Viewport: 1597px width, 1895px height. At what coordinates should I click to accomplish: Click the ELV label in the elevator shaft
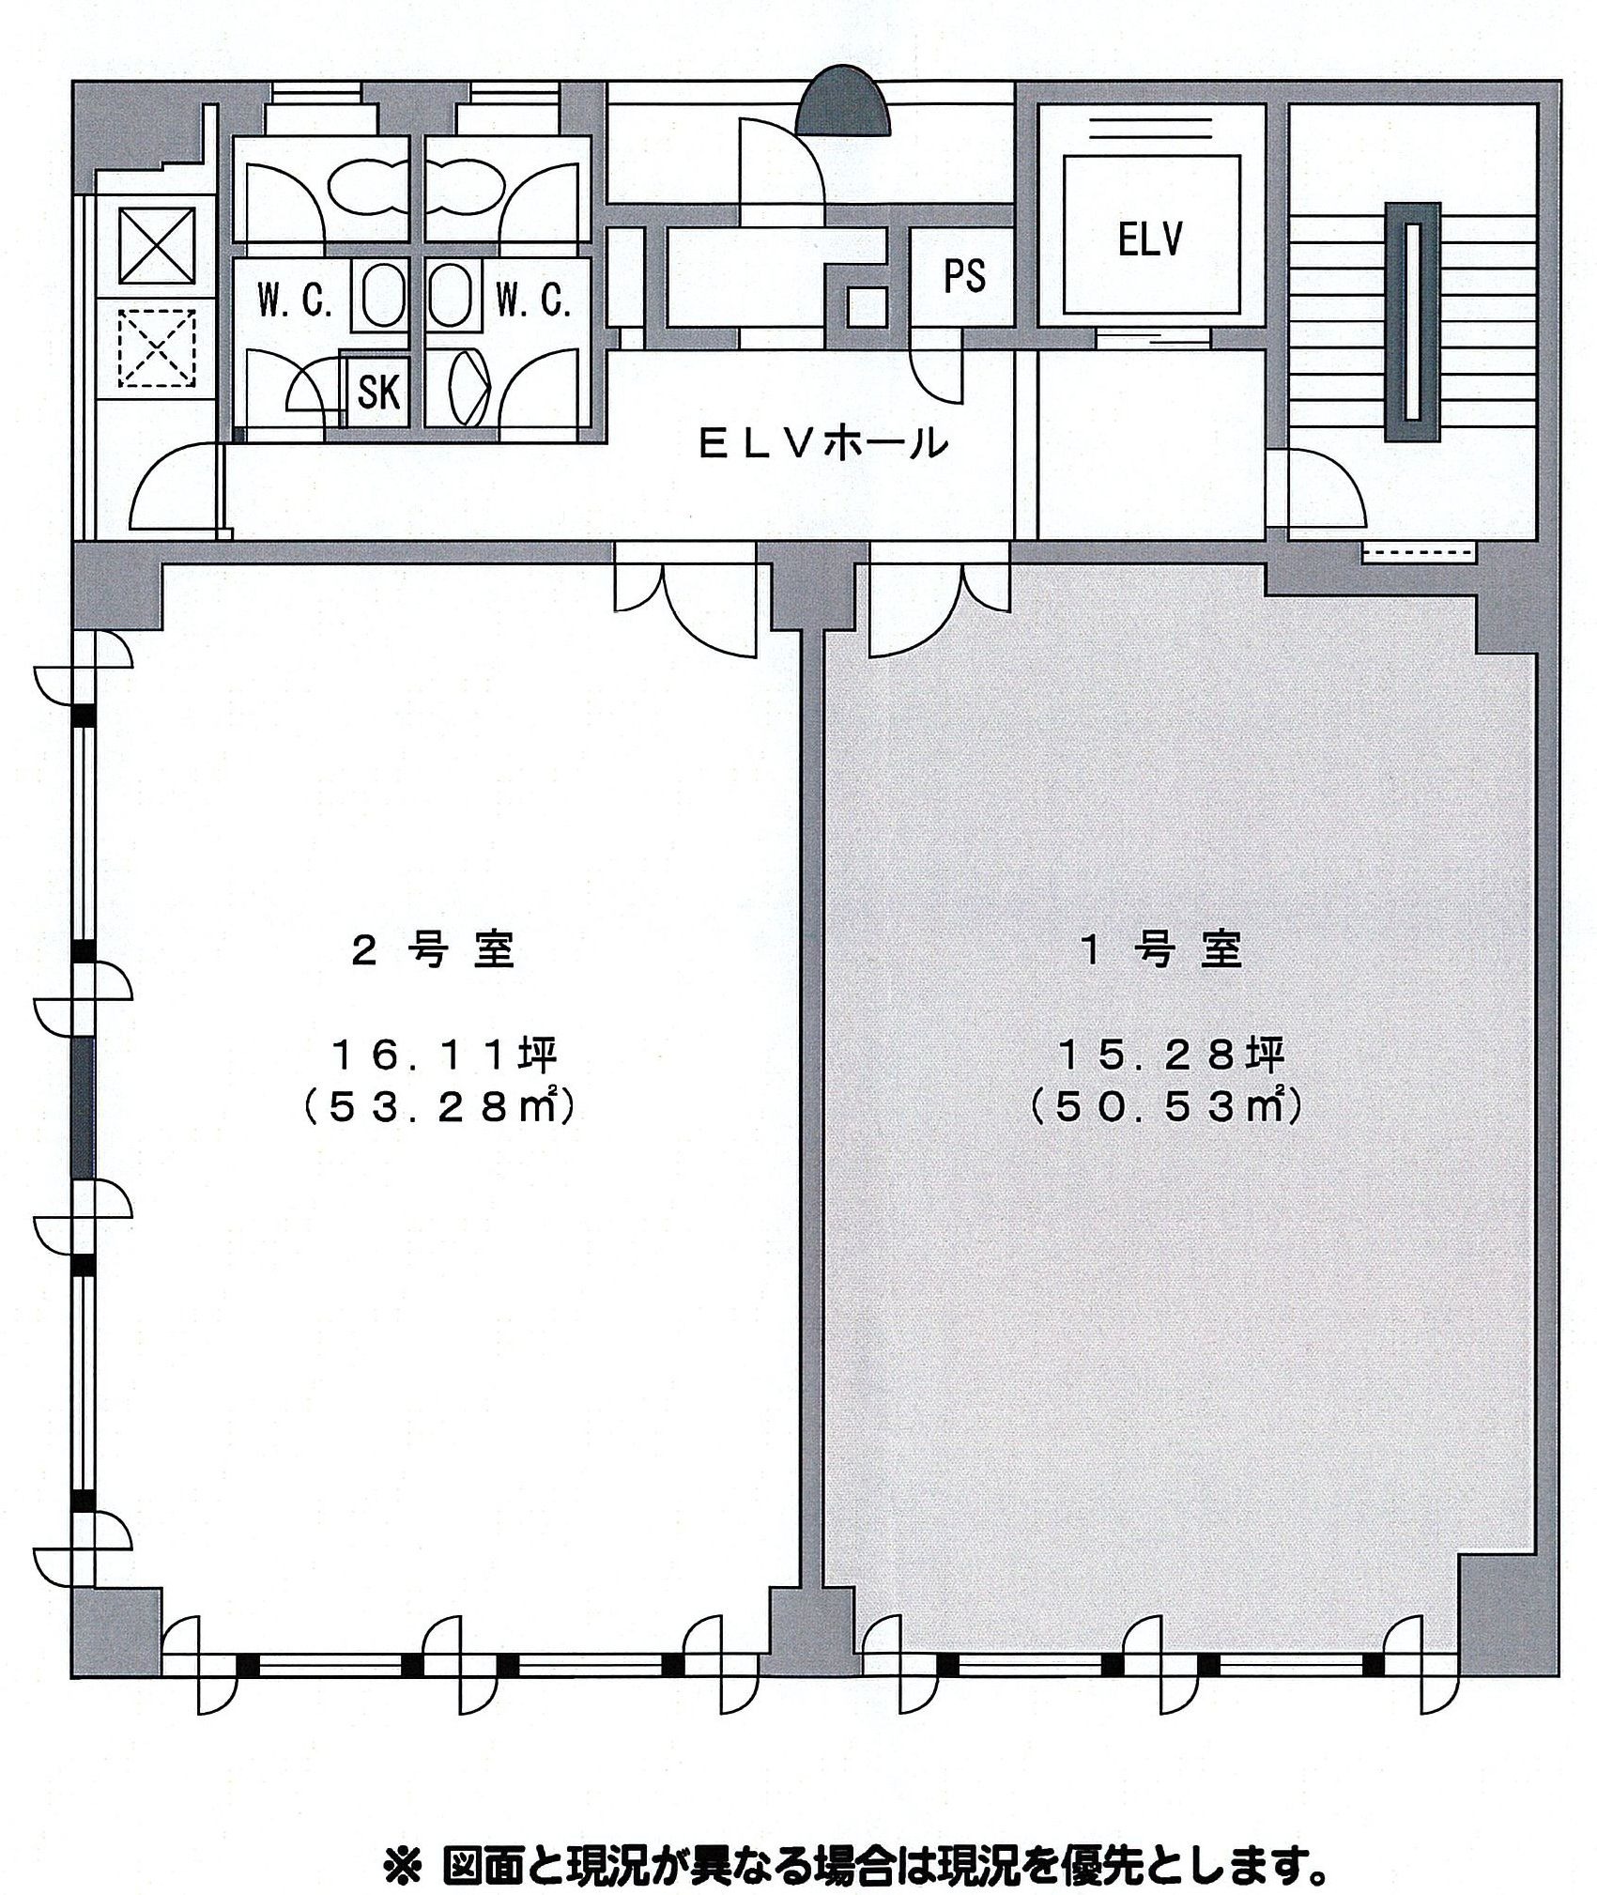tap(1148, 241)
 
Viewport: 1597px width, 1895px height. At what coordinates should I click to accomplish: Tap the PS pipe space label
tap(963, 276)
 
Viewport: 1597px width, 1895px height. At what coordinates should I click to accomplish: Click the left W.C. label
tap(295, 302)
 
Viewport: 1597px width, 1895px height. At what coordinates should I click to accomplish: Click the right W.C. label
tap(532, 302)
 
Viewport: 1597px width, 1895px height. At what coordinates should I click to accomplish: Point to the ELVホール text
tap(820, 442)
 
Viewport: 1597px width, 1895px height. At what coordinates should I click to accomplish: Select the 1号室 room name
tap(1161, 951)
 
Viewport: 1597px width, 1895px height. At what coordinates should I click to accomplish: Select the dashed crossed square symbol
tap(156, 347)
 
